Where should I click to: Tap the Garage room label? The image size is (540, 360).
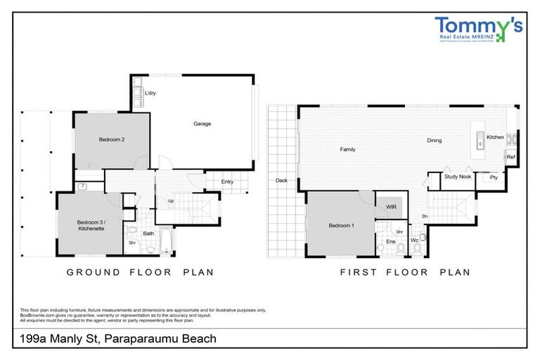click(202, 124)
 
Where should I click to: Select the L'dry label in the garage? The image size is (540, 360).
click(149, 93)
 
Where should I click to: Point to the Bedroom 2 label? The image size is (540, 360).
click(112, 139)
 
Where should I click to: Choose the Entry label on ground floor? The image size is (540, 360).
click(227, 182)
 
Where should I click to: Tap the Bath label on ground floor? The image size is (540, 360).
click(148, 233)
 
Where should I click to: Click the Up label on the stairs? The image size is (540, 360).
click(171, 201)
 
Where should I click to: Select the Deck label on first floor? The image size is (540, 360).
click(281, 180)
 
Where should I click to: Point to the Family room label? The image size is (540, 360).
click(347, 149)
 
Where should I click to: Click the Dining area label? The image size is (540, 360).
click(434, 141)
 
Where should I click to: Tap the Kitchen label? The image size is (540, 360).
click(495, 137)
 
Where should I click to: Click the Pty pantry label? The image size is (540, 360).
click(494, 178)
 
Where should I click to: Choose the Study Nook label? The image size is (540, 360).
click(457, 177)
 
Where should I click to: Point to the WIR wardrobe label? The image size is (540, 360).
click(391, 207)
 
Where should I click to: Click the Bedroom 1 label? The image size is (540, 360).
click(342, 226)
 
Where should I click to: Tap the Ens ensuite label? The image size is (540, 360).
click(390, 241)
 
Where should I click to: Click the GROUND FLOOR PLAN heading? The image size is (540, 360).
click(140, 271)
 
